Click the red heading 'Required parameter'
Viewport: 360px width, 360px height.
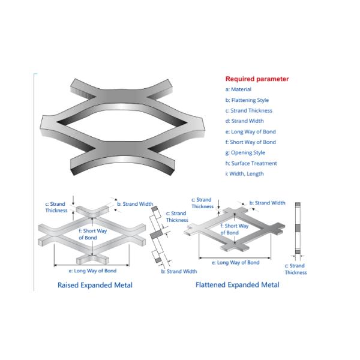pyautogui.click(x=257, y=79)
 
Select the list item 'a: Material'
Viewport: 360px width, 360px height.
pyautogui.click(x=239, y=89)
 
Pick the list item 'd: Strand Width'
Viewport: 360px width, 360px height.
pyautogui.click(x=244, y=121)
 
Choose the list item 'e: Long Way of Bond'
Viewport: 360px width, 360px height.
pyautogui.click(x=250, y=131)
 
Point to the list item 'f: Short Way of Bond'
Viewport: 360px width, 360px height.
pyautogui.click(x=250, y=142)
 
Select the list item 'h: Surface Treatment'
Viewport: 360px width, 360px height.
pyautogui.click(x=251, y=163)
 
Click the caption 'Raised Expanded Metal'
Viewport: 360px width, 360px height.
pyautogui.click(x=95, y=284)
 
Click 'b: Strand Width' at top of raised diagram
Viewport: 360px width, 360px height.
pyautogui.click(x=135, y=204)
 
